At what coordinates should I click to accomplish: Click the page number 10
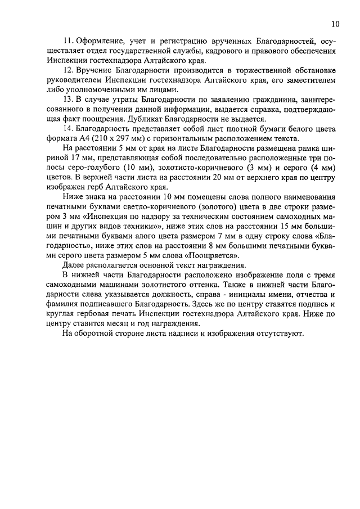pyautogui.click(x=335, y=24)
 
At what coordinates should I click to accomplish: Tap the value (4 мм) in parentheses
pyautogui.click(x=319, y=169)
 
